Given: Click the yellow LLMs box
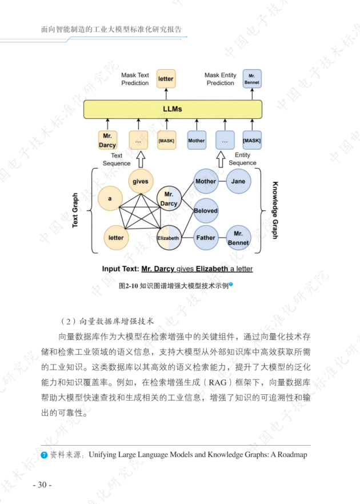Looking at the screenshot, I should coord(173,109).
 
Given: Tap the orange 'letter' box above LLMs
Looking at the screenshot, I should coord(166,79).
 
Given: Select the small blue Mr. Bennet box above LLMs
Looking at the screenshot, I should coord(251,78).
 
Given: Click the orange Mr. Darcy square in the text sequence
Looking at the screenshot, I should coord(107,141).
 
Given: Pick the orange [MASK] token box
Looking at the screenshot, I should coord(166,141).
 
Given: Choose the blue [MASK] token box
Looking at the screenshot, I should coord(252,141).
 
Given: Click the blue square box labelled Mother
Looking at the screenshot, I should coord(197,141).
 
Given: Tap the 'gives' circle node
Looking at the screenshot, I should coord(140,182).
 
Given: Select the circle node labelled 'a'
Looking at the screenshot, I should coord(109,199).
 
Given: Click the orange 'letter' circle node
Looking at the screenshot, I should coord(116,238).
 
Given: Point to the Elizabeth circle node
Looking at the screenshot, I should coord(169,238).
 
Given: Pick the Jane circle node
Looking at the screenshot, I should coord(238,182).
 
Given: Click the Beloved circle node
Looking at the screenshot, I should coord(206,211).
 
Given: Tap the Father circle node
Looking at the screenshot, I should coord(206,238).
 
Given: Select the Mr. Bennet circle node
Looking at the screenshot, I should coord(238,238).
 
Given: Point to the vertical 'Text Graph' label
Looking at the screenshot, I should coord(75,210).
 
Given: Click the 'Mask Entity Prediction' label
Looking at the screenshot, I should coord(221,79).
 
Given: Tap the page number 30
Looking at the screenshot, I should coord(42,485).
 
